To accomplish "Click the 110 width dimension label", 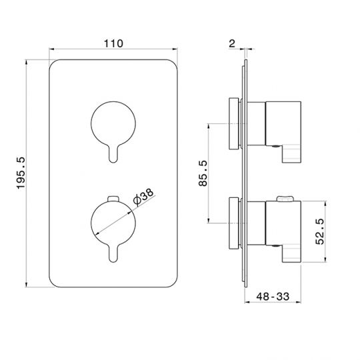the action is click(x=113, y=43).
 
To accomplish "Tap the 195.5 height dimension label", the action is click(x=21, y=173).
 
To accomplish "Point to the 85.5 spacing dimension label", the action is click(x=203, y=173).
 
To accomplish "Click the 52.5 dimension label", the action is click(x=319, y=231).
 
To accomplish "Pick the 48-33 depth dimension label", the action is click(x=273, y=297).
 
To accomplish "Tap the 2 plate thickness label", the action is click(x=233, y=43).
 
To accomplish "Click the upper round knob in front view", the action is click(x=113, y=123).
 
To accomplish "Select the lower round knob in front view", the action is click(x=113, y=223).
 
